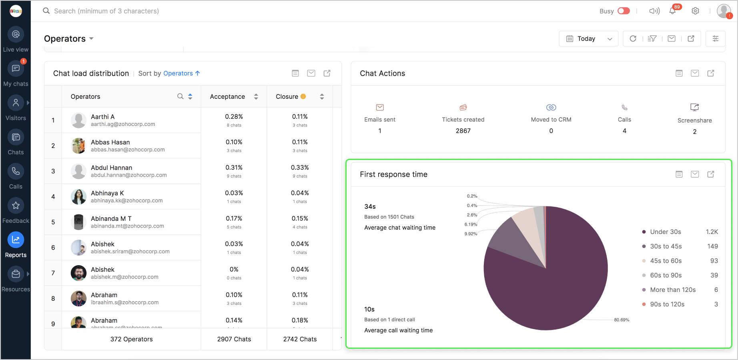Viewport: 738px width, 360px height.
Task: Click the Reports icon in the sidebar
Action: point(16,240)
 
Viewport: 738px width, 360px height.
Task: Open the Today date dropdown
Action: point(588,39)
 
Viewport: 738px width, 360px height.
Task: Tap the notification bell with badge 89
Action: point(673,11)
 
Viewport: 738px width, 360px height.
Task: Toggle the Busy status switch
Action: point(624,11)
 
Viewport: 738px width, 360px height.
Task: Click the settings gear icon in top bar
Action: point(696,11)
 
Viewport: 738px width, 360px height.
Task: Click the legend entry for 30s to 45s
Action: point(666,246)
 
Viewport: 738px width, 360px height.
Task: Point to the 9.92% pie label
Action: point(471,234)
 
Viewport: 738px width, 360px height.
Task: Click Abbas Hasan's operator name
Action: point(110,142)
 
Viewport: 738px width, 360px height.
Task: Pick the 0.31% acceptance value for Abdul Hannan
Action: point(234,168)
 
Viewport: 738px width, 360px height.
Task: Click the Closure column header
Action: point(287,97)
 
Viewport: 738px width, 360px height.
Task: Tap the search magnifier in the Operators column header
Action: point(180,96)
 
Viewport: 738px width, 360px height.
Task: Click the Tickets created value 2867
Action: point(463,131)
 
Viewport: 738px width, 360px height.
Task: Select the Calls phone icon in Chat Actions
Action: point(624,108)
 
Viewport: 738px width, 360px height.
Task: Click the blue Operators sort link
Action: point(178,74)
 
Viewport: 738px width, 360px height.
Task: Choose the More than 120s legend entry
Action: point(672,290)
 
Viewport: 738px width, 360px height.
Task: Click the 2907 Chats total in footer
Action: point(234,339)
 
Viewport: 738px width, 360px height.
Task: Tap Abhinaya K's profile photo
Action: point(78,197)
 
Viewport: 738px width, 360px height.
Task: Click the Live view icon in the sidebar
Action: point(16,35)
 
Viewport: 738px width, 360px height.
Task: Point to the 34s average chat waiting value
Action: point(370,207)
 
